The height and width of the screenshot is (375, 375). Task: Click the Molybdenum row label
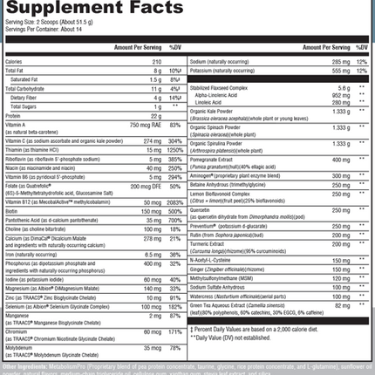pos(23,345)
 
